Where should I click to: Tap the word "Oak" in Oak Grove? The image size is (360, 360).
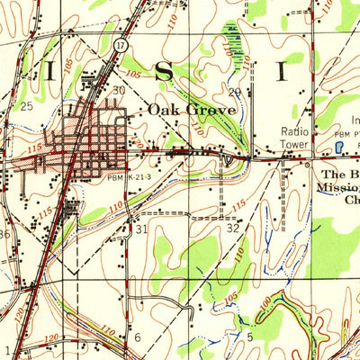pos(165,110)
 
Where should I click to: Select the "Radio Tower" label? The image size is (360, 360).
pos(292,136)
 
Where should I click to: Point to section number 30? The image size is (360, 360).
pos(118,91)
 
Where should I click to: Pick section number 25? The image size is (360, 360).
pos(26,107)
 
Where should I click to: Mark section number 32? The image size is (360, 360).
pos(233,229)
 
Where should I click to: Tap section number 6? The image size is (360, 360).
pos(138,337)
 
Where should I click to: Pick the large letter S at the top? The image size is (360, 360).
pos(164,72)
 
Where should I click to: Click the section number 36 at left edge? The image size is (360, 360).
pos(4,234)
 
